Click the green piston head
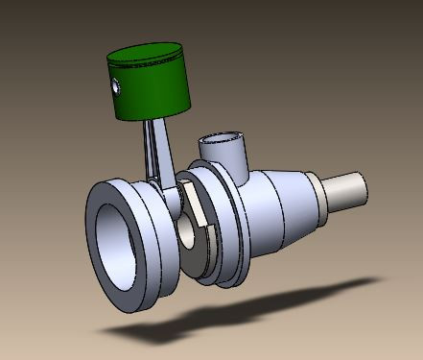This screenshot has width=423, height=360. [153, 91]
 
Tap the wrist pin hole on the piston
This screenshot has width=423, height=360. [116, 87]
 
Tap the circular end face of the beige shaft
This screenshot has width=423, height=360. [359, 186]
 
